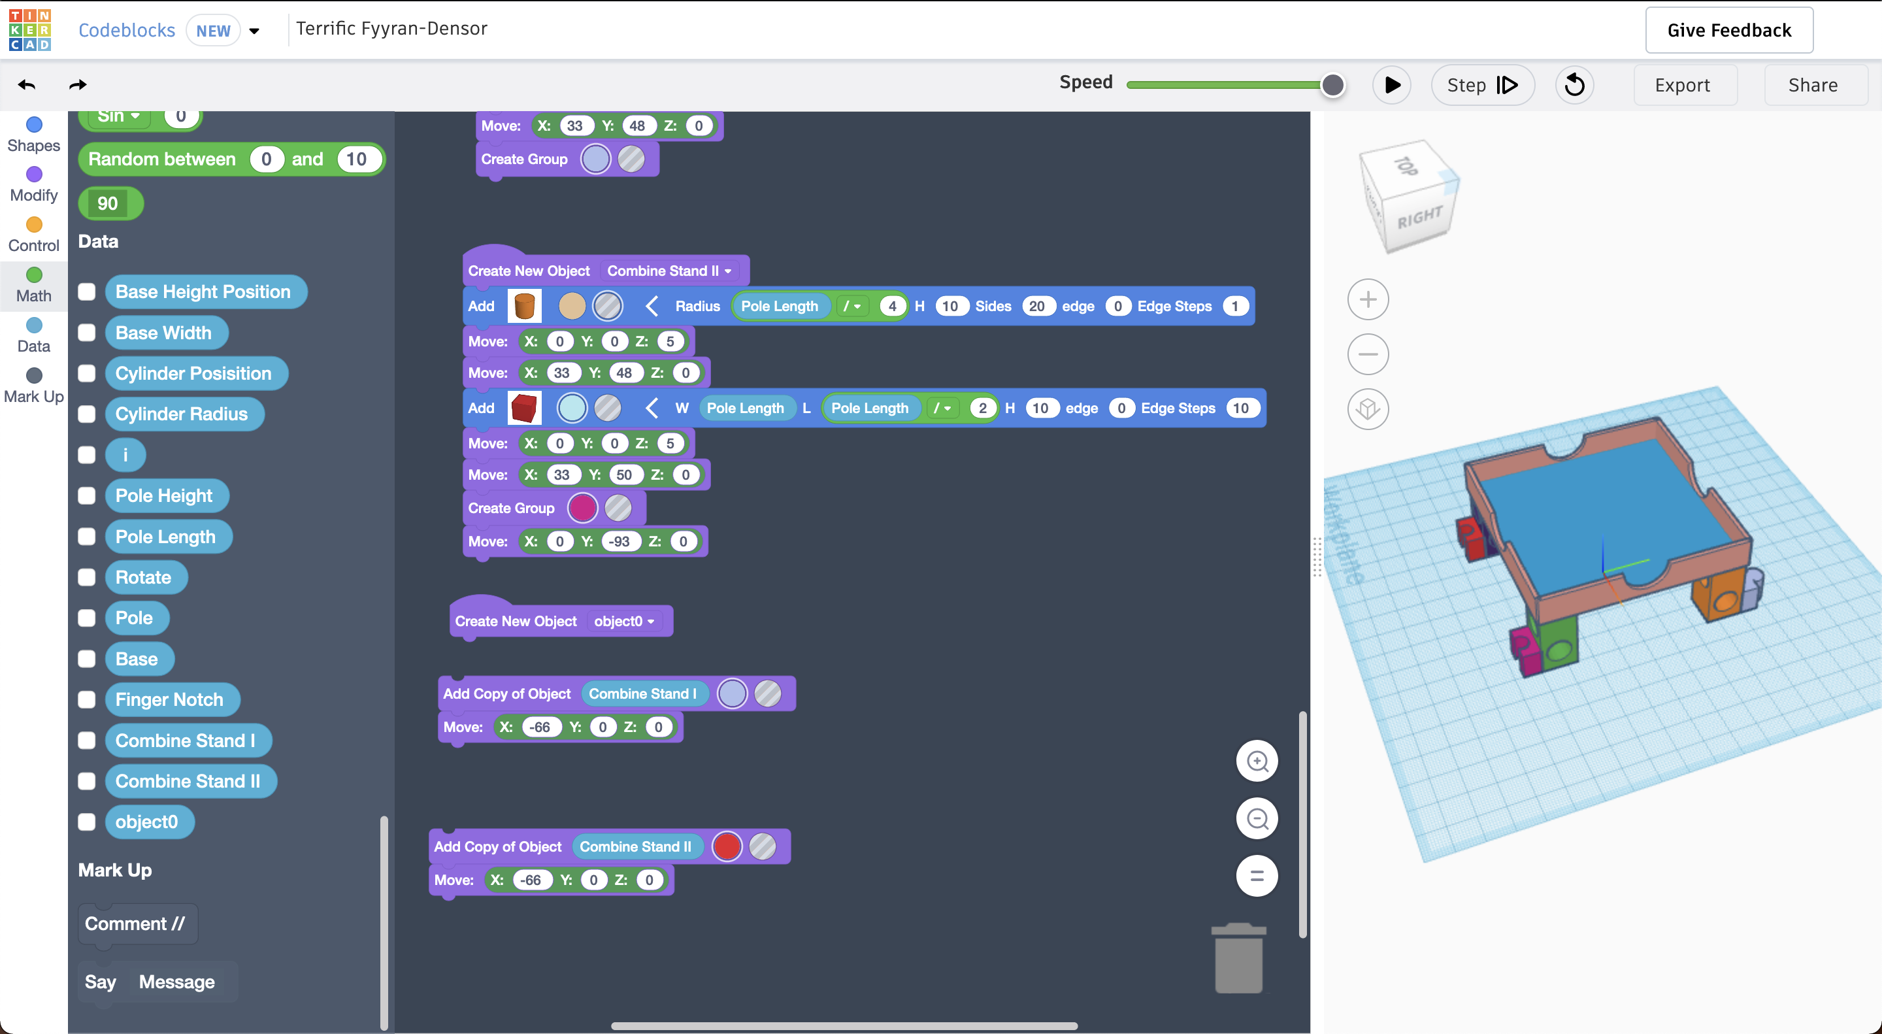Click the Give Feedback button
coord(1728,30)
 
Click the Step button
coord(1482,85)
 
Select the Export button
coord(1682,85)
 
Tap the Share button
coord(1813,85)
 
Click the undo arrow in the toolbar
coord(27,85)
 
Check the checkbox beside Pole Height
coord(87,495)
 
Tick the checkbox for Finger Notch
coord(87,699)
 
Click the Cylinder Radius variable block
coord(182,414)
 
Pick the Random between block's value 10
coord(357,159)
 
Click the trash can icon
coord(1238,958)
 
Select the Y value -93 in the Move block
coord(619,541)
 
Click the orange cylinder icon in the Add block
coord(525,306)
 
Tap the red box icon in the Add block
coord(525,408)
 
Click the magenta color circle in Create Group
coord(582,508)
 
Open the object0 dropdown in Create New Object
coord(624,621)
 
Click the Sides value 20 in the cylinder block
coord(1036,306)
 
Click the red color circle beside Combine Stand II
coord(727,846)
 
